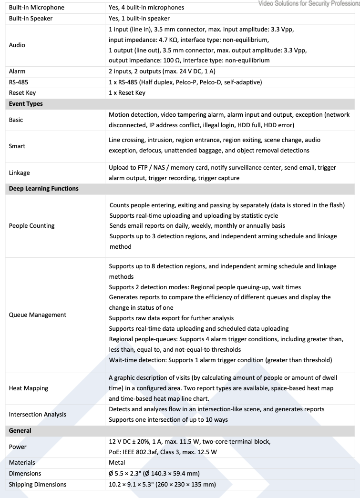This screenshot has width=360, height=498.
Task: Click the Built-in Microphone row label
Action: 36,8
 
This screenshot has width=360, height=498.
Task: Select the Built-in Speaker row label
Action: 31,18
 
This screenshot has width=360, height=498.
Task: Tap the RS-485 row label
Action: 19,82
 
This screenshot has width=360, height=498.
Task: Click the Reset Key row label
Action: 22,93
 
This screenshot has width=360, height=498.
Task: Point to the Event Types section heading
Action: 26,103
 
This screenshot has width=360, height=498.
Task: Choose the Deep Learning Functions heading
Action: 43,188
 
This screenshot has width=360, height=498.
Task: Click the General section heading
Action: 20,430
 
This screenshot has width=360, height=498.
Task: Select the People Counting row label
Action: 32,225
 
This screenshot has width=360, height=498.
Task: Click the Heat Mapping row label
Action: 29,388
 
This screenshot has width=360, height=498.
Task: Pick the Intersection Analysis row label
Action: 38,414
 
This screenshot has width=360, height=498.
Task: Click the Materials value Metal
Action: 117,462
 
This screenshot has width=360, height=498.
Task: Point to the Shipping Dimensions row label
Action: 38,484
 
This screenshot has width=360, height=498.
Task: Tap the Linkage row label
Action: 20,173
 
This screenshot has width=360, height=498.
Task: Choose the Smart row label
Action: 17,145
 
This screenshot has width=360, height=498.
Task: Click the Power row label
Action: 18,447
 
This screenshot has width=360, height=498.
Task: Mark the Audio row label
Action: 18,45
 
